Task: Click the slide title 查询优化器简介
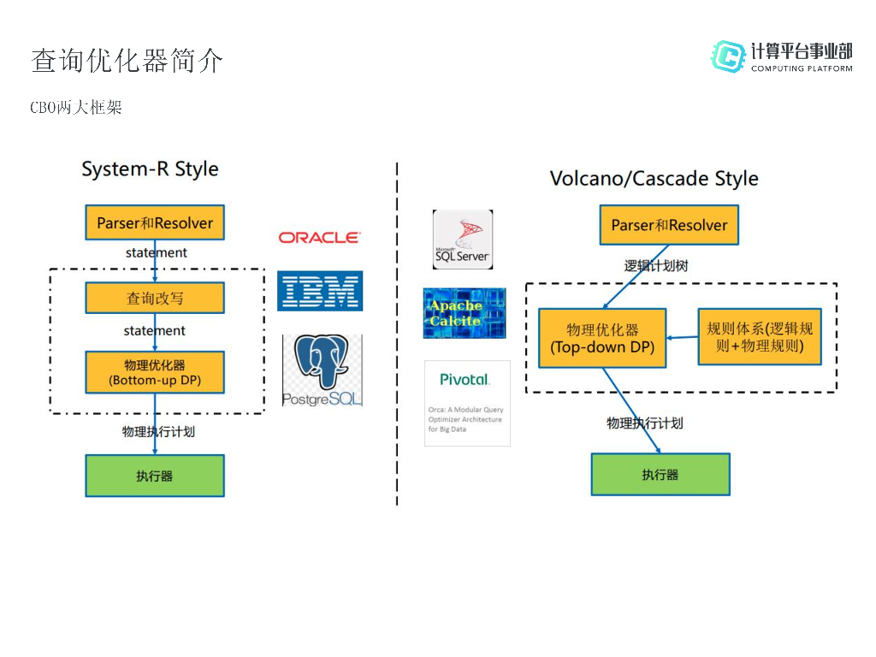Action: point(127,61)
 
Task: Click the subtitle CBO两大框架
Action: point(76,108)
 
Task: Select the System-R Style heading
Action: point(150,169)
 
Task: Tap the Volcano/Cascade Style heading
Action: point(654,179)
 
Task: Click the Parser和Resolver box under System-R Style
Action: point(155,222)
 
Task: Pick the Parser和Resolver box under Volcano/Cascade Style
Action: point(669,225)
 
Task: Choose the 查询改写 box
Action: point(155,298)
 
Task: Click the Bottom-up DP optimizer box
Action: point(155,372)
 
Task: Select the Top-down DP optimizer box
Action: point(602,338)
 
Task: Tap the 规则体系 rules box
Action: point(760,337)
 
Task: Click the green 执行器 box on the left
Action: point(155,476)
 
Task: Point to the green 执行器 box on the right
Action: point(660,474)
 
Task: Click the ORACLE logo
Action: point(319,238)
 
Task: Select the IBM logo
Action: point(320,291)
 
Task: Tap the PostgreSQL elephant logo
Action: point(322,370)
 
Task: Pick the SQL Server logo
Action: point(462,240)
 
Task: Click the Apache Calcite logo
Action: point(465,313)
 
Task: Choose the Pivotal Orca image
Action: point(467,403)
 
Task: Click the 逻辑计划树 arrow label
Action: point(656,266)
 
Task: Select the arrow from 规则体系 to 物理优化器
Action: point(682,338)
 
